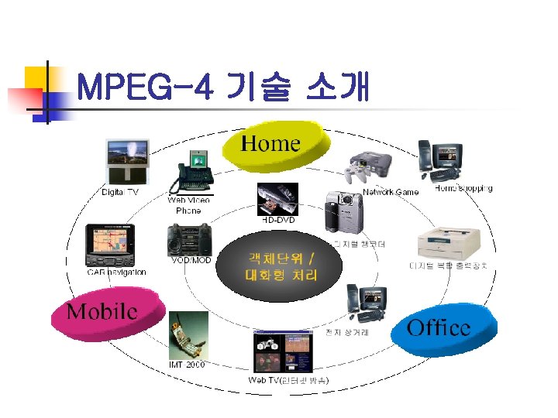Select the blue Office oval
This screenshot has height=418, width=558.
443,327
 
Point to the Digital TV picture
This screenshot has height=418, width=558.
127,161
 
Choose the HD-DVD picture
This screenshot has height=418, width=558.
277,199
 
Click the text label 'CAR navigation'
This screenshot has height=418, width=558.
116,272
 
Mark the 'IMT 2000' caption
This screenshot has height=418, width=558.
187,365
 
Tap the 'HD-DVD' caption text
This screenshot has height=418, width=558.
277,221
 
